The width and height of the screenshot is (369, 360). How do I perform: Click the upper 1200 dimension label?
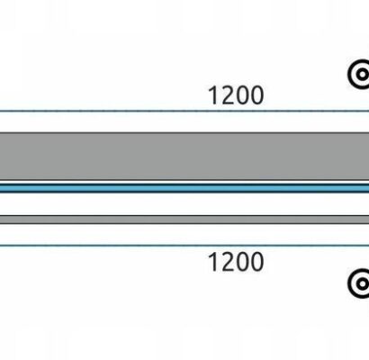[x=236, y=95]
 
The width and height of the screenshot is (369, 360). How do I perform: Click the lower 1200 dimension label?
[x=236, y=262]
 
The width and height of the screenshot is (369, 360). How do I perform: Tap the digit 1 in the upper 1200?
[x=213, y=95]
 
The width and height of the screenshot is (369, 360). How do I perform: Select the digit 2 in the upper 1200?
[x=228, y=95]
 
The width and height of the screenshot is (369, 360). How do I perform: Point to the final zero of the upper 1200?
[x=257, y=95]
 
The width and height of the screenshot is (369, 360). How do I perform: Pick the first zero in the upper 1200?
[x=243, y=95]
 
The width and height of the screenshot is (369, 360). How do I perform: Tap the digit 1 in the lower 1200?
[x=213, y=262]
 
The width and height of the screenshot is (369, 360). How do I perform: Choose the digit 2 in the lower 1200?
[x=228, y=262]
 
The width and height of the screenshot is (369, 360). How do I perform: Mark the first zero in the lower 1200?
[x=243, y=262]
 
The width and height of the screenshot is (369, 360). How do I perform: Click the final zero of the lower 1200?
[x=257, y=262]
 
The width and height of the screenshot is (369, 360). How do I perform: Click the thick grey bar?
[x=184, y=157]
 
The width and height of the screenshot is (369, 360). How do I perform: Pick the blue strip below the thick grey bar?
[x=184, y=188]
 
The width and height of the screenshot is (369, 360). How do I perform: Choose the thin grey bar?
[x=184, y=220]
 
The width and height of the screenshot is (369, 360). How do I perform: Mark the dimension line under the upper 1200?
[x=184, y=111]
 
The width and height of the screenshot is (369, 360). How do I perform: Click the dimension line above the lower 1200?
[x=184, y=246]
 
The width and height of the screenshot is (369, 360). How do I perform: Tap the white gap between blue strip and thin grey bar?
[x=184, y=204]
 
